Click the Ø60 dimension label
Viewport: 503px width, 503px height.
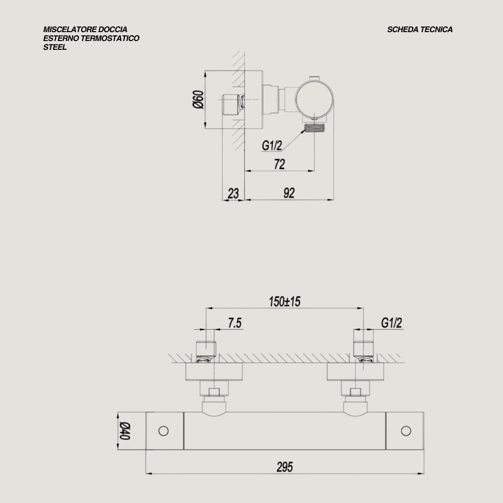[x=198, y=100]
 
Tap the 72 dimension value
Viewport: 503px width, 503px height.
[x=279, y=164]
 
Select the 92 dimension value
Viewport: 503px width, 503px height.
[x=289, y=193]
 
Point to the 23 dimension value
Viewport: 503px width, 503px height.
[x=233, y=193]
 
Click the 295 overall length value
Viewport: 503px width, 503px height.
[x=285, y=467]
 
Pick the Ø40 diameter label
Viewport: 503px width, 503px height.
[x=125, y=431]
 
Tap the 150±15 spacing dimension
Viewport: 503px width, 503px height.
[x=285, y=301]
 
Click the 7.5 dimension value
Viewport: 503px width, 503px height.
[x=235, y=323]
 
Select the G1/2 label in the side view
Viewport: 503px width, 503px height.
[x=272, y=146]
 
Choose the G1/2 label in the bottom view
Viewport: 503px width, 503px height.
[x=391, y=323]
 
